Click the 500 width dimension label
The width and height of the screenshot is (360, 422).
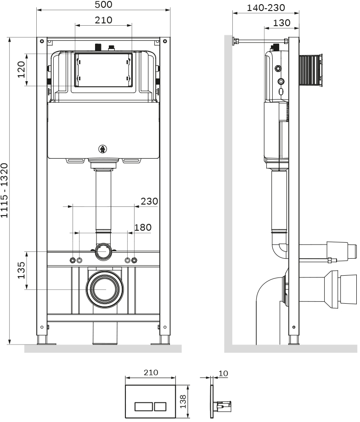[x=103, y=5]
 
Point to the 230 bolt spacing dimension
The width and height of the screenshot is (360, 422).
[x=149, y=201]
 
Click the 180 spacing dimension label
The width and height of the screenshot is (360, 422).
[x=142, y=227]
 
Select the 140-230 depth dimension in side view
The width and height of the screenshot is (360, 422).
[x=266, y=8]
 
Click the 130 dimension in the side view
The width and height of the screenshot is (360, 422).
[x=281, y=22]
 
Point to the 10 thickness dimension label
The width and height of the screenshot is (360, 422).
[x=223, y=373]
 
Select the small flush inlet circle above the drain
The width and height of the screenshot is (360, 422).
[x=103, y=251]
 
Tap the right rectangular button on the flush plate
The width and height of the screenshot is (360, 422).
[x=160, y=406]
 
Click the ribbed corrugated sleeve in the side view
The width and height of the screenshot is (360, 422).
[x=310, y=69]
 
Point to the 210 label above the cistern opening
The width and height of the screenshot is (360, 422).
[x=104, y=20]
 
